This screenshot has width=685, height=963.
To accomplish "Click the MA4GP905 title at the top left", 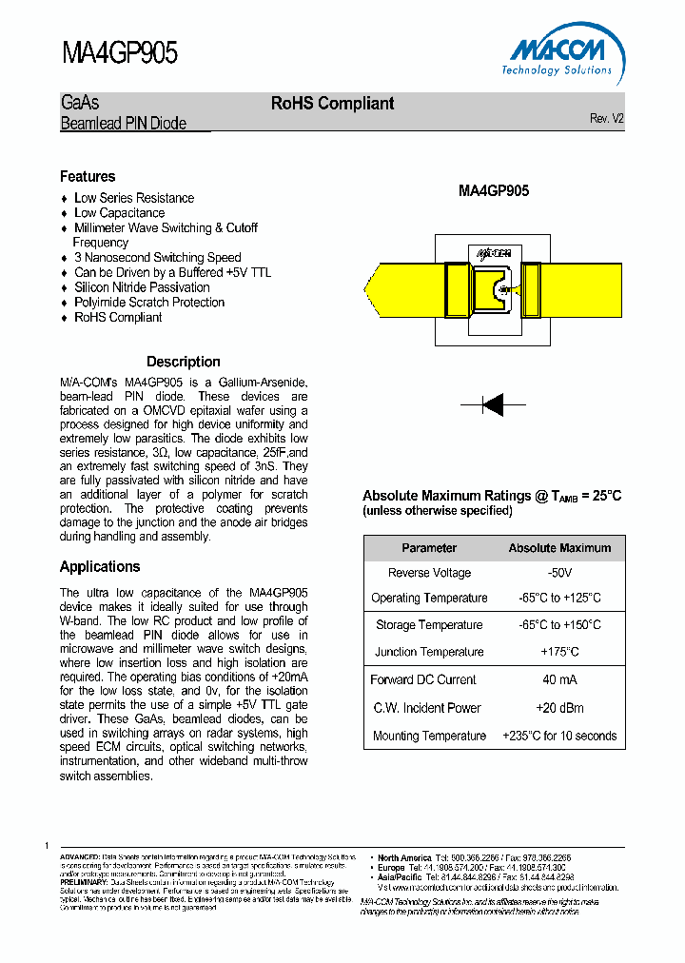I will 120,52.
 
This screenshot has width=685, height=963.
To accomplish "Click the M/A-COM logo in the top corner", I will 559,55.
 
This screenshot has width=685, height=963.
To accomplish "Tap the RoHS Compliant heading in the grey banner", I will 332,104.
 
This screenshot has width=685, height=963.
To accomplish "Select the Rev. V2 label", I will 606,119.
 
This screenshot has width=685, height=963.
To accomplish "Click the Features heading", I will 88,176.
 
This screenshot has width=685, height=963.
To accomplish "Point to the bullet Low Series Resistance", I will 134,198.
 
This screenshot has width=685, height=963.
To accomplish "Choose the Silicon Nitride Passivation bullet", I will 142,287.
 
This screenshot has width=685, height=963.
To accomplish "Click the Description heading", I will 183,362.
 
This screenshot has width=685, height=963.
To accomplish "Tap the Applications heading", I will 100,566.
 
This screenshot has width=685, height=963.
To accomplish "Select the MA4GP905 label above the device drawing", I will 494,190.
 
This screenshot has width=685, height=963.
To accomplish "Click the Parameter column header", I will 429,548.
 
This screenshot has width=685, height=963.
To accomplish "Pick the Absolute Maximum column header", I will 559,548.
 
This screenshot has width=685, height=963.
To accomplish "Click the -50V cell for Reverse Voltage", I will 559,573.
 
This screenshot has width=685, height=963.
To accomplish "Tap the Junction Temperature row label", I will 429,652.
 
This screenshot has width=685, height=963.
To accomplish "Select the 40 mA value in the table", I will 559,679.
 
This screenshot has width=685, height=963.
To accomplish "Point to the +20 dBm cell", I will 559,708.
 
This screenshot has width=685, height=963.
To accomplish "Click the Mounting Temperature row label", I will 429,736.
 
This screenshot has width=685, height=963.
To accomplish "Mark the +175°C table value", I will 559,652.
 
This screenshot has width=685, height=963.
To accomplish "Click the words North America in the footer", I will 404,857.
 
